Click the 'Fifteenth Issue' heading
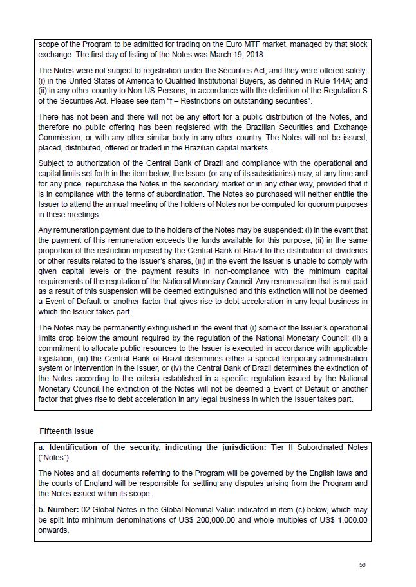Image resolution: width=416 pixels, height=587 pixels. click(66, 431)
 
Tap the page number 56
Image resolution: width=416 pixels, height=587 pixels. click(363, 564)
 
